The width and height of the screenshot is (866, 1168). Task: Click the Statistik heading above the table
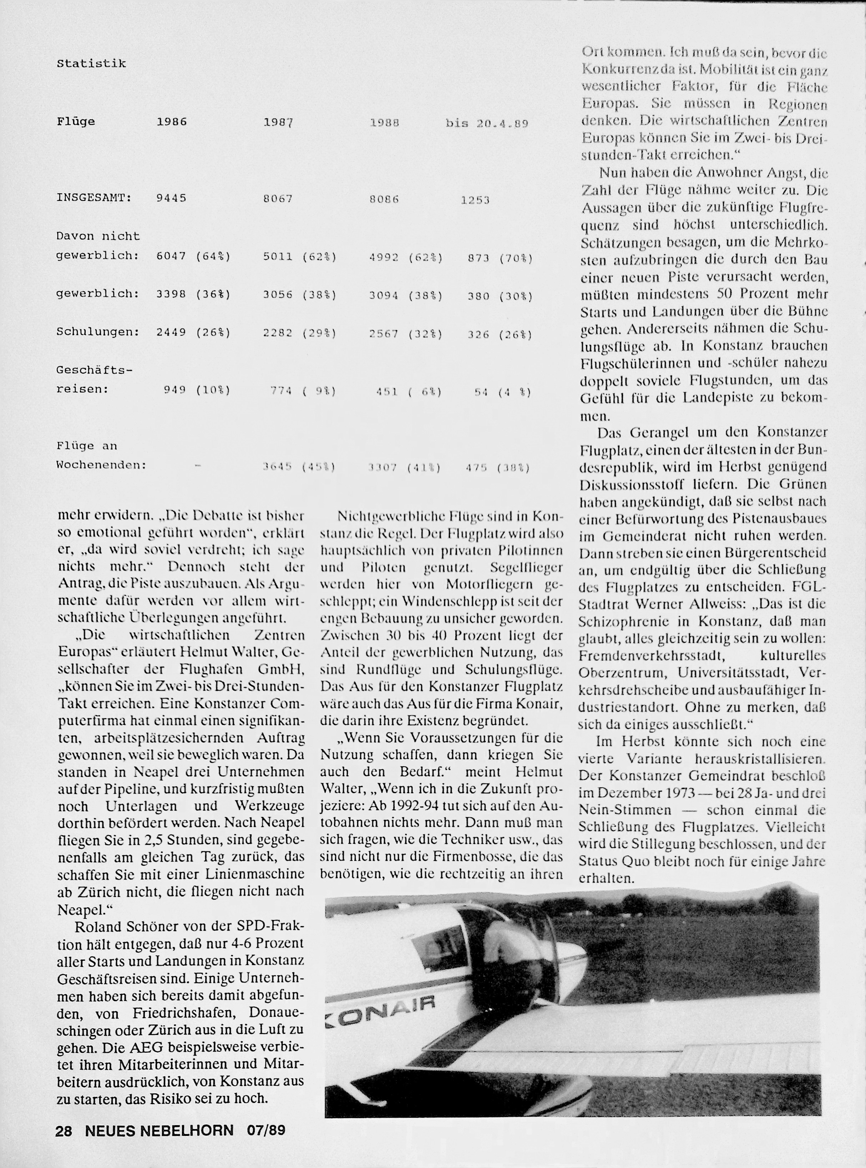coord(91,64)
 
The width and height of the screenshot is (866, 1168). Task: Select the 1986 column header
coord(171,122)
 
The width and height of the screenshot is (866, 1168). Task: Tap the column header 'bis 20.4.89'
coord(486,124)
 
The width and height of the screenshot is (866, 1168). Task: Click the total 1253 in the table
coord(475,200)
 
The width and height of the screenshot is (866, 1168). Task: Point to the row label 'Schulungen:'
coord(97,332)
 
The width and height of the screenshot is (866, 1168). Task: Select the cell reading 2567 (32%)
coord(406,334)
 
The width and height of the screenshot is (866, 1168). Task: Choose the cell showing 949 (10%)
coord(197,390)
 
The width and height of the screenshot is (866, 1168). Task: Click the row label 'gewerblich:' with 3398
coord(97,294)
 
